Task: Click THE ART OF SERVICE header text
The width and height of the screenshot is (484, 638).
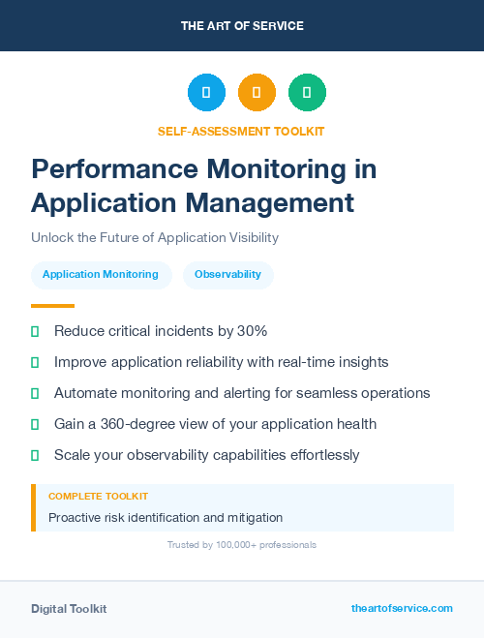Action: [242, 26]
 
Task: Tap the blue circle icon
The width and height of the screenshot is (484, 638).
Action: [206, 92]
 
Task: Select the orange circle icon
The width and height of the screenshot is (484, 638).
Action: [257, 92]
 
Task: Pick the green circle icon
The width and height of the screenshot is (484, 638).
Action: [307, 92]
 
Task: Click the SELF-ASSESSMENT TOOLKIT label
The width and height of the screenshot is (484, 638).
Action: [241, 131]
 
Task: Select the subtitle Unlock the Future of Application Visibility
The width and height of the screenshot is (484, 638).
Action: [155, 237]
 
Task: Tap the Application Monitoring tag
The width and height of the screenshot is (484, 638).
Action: [101, 274]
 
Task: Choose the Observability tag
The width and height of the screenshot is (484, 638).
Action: [227, 274]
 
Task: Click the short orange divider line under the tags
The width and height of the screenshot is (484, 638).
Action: [52, 306]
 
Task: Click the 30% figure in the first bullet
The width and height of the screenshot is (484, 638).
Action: [252, 331]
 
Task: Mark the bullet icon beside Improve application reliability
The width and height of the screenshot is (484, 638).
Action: [35, 362]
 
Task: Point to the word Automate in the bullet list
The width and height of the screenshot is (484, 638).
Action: [85, 393]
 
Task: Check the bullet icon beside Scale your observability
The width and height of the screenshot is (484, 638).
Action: [35, 455]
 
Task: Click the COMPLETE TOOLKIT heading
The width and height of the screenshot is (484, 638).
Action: [98, 496]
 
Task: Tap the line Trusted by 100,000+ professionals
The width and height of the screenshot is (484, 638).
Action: [241, 545]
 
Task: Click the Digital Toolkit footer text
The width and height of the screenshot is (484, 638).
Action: [69, 609]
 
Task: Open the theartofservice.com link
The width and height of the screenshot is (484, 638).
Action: [402, 608]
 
